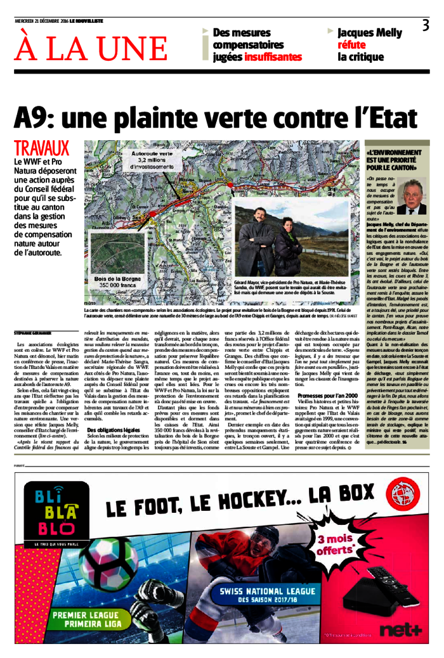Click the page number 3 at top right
point(426,26)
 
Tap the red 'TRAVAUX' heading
point(41,149)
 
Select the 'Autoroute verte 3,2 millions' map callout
point(152,158)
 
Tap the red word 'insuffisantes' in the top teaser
point(273,57)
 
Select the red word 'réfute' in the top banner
point(351,45)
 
